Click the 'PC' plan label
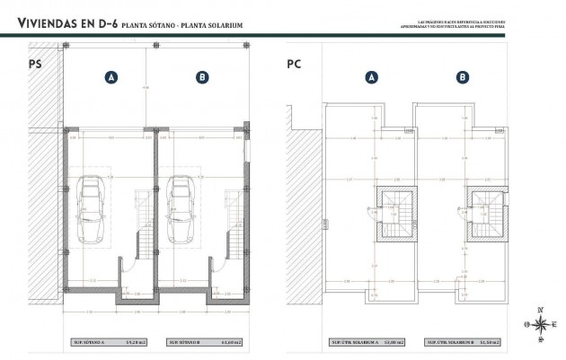(x=294, y=64)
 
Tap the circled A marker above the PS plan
(x=111, y=78)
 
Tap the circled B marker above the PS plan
(x=202, y=78)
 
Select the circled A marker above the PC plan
(x=370, y=78)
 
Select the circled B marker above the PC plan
(x=462, y=78)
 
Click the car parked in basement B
(x=181, y=208)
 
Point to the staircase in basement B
(x=234, y=242)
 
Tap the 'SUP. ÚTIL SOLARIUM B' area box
(x=463, y=342)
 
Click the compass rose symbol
(x=540, y=326)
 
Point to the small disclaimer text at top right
(x=453, y=24)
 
